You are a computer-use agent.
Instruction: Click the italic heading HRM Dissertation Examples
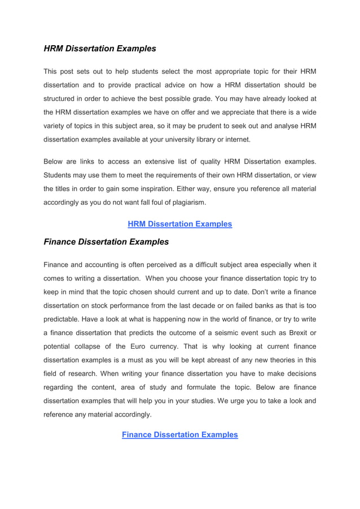[100, 49]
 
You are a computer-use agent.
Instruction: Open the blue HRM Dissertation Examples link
[179, 224]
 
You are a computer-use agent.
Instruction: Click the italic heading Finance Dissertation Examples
[106, 242]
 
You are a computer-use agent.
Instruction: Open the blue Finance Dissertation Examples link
[179, 435]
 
